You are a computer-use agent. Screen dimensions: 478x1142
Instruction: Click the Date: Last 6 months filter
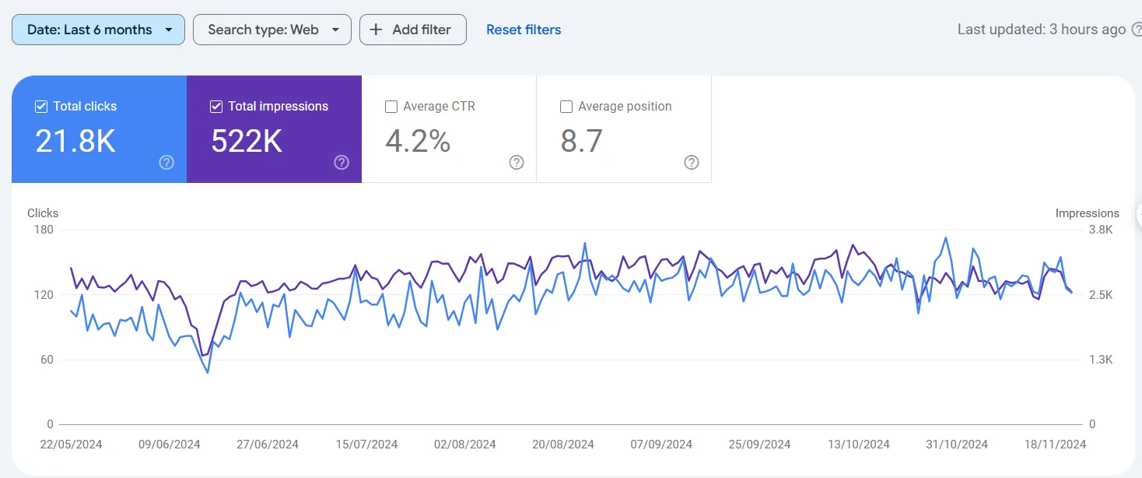tap(98, 30)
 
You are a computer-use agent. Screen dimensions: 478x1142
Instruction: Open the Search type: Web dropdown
tap(271, 30)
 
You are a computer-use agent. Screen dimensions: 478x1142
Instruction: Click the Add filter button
tap(412, 30)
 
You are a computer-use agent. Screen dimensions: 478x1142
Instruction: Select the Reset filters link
tap(524, 30)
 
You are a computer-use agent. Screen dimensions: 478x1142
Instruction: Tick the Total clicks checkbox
tap(41, 107)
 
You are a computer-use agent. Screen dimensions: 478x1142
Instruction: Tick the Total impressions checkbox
tap(216, 107)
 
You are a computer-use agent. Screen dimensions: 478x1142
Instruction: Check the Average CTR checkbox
tap(392, 107)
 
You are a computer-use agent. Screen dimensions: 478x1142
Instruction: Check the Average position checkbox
tap(566, 107)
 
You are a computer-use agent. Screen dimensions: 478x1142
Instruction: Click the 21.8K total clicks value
tap(75, 142)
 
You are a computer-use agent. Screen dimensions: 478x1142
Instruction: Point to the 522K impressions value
tap(247, 142)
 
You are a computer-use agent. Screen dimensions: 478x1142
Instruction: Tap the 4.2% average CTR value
tap(418, 142)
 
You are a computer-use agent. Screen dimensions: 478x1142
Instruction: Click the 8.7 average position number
tap(581, 142)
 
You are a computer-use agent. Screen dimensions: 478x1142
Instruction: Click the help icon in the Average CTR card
tap(517, 163)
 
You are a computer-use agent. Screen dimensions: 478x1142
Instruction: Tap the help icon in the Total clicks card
tap(166, 163)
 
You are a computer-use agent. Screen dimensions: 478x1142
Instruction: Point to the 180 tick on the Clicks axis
tap(44, 230)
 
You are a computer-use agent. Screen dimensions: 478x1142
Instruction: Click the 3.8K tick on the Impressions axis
tap(1101, 230)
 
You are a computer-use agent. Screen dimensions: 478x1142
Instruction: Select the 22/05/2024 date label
tap(71, 445)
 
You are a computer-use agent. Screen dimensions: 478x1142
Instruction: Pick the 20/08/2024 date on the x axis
tap(562, 445)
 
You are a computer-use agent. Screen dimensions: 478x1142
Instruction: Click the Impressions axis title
tap(1087, 213)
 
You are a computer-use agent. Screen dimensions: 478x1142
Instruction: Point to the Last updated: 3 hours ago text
tap(1041, 30)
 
